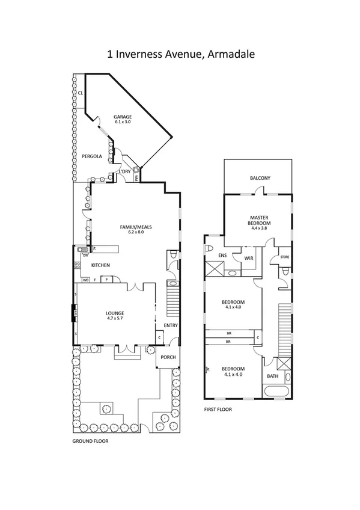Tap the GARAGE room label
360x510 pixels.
(123, 117)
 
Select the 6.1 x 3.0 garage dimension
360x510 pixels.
(123, 122)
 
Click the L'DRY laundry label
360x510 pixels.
(125, 172)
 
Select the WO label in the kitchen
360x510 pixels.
(85, 280)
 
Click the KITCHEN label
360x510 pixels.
(100, 265)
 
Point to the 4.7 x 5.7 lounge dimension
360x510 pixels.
(115, 319)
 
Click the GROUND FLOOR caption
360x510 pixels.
(90, 440)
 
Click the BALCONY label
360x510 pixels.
(260, 178)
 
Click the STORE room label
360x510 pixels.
(285, 258)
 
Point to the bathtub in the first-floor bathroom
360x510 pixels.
(277, 392)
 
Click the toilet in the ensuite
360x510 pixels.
(209, 248)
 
